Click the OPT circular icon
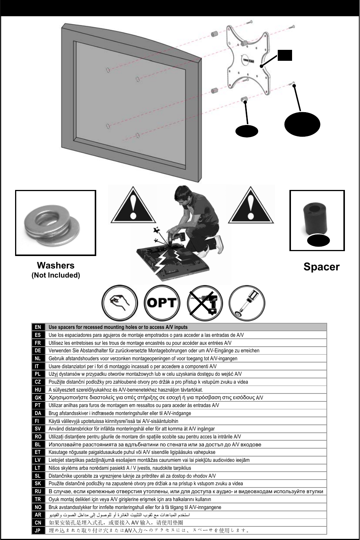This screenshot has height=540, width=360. (162, 303)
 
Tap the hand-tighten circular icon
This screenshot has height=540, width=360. (120, 303)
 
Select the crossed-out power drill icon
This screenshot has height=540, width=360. (205, 303)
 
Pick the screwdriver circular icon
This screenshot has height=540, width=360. (247, 303)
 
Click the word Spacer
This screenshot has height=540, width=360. (322, 267)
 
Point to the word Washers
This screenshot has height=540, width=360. (55, 265)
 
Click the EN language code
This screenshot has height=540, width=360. (38, 327)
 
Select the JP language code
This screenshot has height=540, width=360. (38, 530)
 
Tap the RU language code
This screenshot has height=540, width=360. (38, 491)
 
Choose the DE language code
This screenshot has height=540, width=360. (38, 350)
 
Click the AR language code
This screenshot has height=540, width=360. (38, 515)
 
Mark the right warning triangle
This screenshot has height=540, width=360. (249, 204)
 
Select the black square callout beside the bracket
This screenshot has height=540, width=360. (285, 55)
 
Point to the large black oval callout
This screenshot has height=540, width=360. (302, 123)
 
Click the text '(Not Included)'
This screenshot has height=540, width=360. (55, 275)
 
